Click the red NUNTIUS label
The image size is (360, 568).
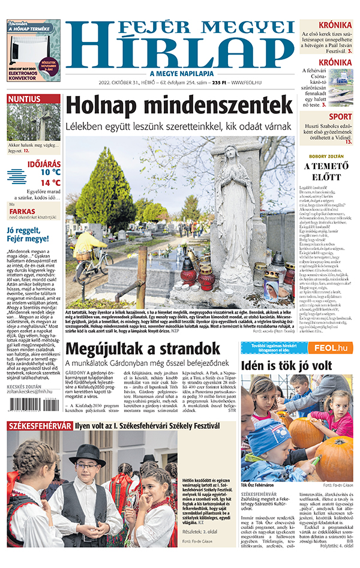(x=25, y=99)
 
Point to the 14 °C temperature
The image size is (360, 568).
(x=50, y=183)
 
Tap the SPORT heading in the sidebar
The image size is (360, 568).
(x=340, y=117)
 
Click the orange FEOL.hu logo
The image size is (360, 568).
(x=330, y=348)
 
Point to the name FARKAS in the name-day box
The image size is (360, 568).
(x=22, y=211)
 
